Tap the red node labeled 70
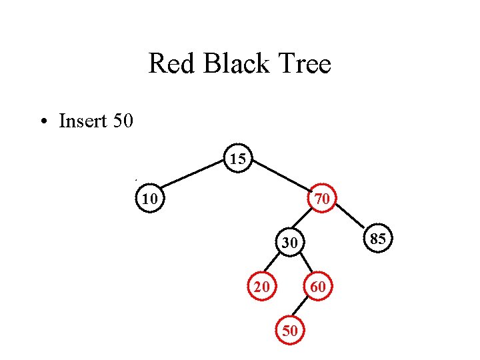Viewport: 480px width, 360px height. (x=321, y=199)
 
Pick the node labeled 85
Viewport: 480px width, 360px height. (x=378, y=239)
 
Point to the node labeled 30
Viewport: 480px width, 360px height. (x=288, y=244)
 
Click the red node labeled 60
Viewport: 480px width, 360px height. (x=318, y=287)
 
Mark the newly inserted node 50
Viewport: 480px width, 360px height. (x=289, y=330)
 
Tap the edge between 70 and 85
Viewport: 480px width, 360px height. (x=350, y=219)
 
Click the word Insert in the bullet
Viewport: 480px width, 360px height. (x=79, y=121)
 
